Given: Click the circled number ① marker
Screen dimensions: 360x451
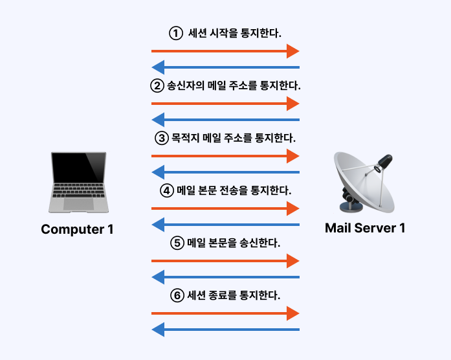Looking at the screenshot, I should [175, 33].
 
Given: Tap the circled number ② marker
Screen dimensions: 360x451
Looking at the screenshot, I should [157, 85].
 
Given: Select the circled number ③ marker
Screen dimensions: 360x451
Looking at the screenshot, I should [162, 138].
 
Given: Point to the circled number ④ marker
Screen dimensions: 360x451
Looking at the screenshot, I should [168, 190].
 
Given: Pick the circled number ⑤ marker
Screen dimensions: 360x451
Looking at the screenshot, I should [177, 243].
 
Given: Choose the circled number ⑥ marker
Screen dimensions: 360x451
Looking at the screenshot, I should [177, 295].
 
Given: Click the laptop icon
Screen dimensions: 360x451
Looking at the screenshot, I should [78, 183].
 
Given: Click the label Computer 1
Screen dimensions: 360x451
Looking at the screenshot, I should [77, 229].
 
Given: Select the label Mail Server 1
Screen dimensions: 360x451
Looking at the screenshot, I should [365, 228].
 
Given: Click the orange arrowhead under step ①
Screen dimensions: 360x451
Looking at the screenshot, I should [293, 51].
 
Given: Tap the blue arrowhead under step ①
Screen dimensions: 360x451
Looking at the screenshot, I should [158, 67].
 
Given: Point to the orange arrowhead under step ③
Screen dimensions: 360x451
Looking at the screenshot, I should [293, 156].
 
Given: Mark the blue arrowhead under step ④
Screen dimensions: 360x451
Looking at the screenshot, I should [158, 224].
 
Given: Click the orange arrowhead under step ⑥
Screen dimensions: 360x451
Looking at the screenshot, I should [293, 313].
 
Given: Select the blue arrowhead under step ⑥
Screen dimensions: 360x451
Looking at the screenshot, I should [158, 329].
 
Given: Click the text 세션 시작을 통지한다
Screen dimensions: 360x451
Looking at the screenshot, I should [235, 33].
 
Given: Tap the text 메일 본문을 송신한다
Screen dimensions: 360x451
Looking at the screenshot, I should [234, 243].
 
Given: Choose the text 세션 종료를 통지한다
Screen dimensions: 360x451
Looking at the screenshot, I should [234, 295].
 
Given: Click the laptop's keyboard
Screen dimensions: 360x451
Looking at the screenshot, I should [78, 192].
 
